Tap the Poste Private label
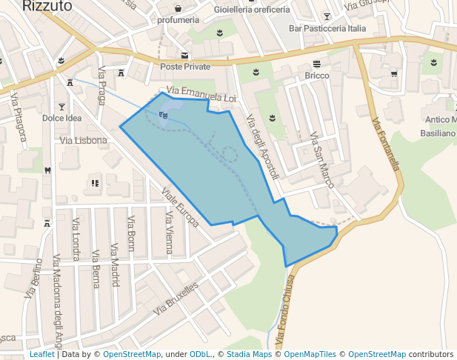(185, 67)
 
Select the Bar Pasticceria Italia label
(327, 28)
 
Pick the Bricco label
(316, 76)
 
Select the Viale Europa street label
(180, 207)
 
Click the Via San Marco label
(322, 159)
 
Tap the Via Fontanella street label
(387, 144)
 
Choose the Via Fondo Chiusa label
(285, 310)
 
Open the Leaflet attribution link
(41, 354)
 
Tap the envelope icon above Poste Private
(184, 56)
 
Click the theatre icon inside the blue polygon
(163, 114)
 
